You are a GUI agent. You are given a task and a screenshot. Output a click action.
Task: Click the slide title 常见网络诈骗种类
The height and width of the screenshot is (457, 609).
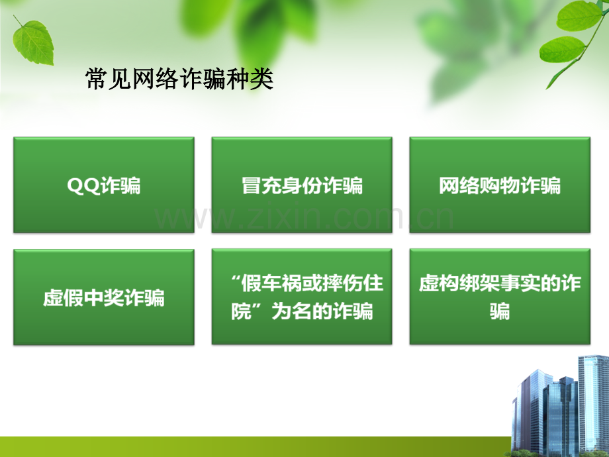click(x=179, y=79)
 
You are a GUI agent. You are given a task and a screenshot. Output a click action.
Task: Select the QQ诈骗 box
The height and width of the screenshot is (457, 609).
click(x=104, y=185)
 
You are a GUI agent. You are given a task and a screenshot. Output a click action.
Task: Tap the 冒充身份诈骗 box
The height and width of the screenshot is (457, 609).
click(x=302, y=185)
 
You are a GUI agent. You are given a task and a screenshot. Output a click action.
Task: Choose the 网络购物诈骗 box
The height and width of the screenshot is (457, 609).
click(x=500, y=185)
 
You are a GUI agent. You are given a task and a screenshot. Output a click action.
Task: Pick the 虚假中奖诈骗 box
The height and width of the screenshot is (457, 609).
click(x=104, y=297)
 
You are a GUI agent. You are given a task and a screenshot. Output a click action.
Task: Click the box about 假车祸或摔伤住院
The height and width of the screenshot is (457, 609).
click(x=302, y=297)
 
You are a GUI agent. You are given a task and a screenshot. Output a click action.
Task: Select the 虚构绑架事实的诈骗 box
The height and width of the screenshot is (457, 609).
click(x=500, y=297)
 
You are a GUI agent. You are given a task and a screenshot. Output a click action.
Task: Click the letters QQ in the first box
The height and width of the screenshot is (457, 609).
click(x=83, y=185)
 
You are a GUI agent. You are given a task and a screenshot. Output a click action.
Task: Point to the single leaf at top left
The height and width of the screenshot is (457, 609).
click(x=32, y=41)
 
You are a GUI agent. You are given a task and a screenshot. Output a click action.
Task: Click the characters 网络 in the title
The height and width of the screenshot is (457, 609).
click(x=156, y=79)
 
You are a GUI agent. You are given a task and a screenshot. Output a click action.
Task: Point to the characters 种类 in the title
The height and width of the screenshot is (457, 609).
click(x=250, y=79)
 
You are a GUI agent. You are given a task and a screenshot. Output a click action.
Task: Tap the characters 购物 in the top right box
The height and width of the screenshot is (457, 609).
click(x=500, y=185)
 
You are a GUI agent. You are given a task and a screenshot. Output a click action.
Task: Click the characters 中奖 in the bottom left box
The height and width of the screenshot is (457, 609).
click(x=104, y=298)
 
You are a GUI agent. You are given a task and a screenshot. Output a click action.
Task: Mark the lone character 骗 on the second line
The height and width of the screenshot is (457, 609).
click(x=500, y=311)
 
